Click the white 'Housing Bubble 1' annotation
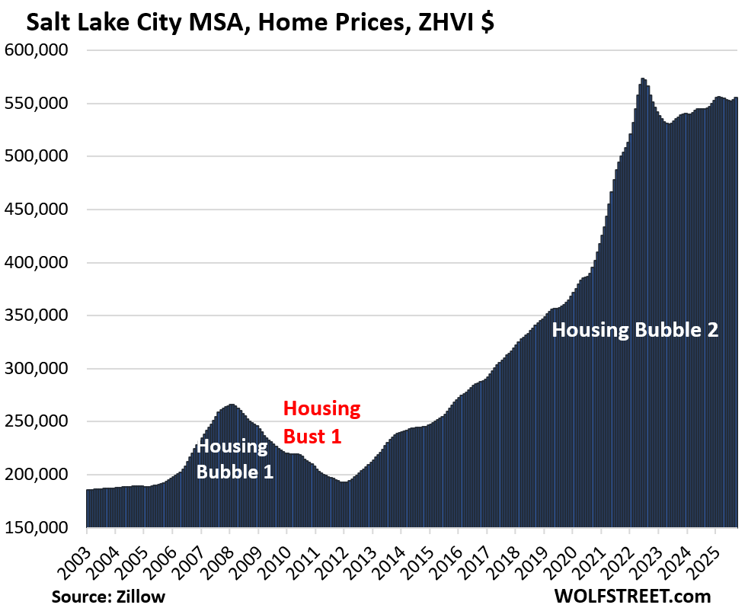click(235, 459)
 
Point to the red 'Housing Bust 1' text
click(321, 422)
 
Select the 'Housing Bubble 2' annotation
click(635, 331)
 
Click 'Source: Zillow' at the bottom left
click(108, 595)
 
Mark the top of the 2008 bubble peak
click(232, 405)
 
